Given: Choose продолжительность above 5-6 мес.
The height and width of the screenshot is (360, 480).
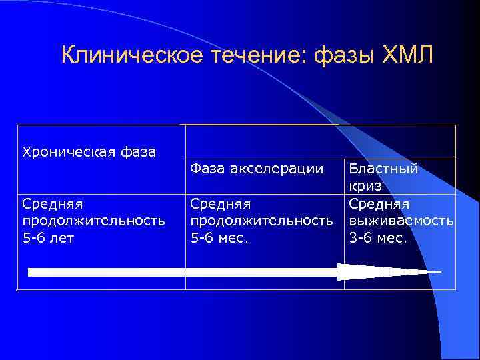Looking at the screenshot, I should coord(261,220).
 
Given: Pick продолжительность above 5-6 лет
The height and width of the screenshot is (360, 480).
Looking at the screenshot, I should coord(93,220).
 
